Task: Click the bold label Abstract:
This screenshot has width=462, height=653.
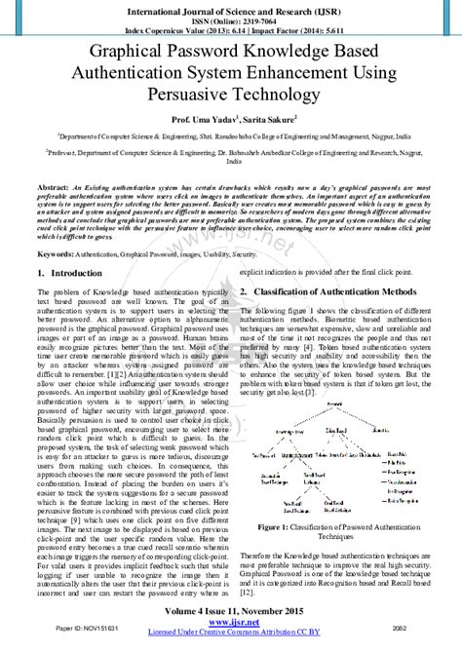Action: (x=52, y=184)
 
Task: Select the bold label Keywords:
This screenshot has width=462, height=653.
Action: (x=56, y=251)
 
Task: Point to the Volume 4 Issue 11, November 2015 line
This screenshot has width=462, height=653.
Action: (x=231, y=611)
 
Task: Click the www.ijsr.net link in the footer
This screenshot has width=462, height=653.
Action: (x=231, y=623)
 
